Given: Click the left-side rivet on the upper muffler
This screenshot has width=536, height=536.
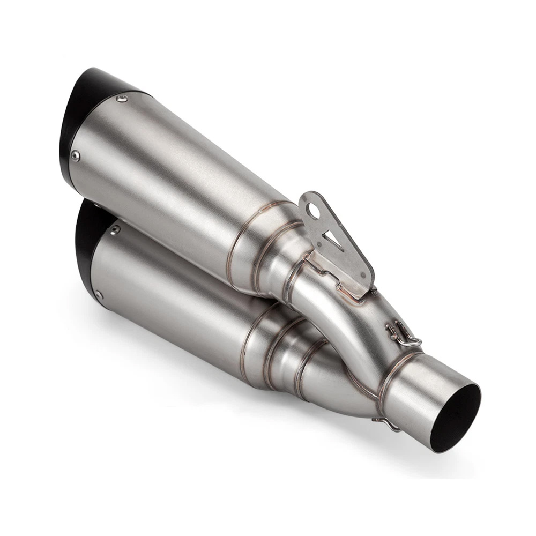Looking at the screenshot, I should tap(75, 156).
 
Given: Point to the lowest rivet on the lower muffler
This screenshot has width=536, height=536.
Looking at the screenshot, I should tap(99, 294).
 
